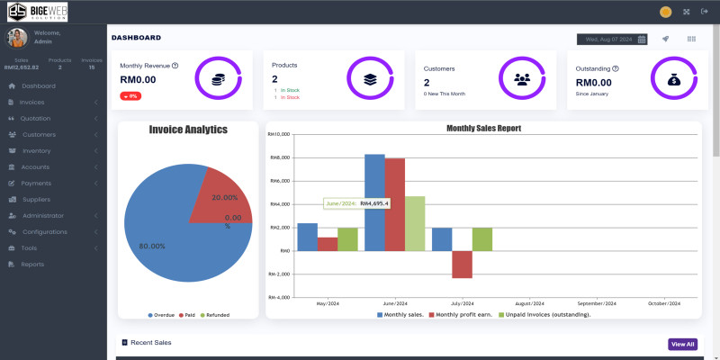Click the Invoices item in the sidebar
point(31,102)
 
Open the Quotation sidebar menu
point(35,118)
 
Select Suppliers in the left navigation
point(36,199)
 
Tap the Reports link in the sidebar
point(32,264)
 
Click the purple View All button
point(682,344)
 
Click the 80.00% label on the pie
point(152,246)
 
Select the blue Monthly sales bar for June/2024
point(374,202)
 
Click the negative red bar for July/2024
point(462,264)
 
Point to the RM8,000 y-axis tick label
point(279,157)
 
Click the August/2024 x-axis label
point(530,304)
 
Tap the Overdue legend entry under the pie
point(161,315)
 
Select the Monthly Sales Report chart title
point(483,128)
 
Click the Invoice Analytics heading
point(188,130)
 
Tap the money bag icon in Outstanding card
point(673,79)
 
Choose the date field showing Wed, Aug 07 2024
point(612,39)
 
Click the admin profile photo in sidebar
point(16,37)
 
